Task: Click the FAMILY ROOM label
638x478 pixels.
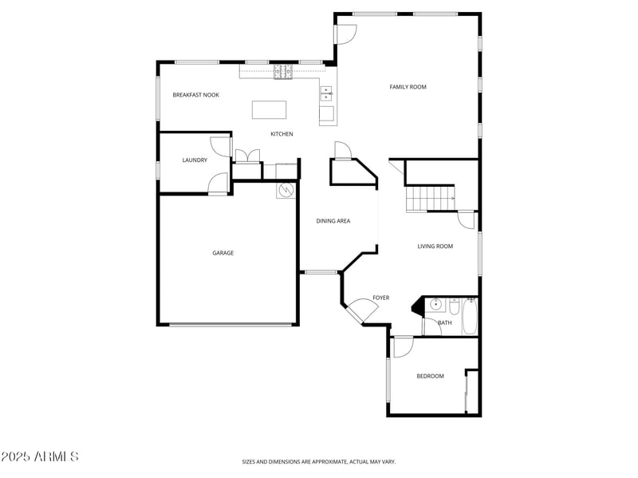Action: click(408, 87)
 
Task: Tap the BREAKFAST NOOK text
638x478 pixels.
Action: click(195, 95)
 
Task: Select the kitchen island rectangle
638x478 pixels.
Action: click(268, 109)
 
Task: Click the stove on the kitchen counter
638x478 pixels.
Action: click(283, 73)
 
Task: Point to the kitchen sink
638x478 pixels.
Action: click(326, 94)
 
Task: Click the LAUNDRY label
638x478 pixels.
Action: click(195, 160)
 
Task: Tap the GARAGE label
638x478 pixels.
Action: click(223, 253)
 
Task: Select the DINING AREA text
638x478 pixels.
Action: click(333, 221)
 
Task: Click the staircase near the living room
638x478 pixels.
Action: click(430, 197)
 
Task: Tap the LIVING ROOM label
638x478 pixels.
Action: click(435, 247)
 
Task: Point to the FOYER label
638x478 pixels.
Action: click(380, 298)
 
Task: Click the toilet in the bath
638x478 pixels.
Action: click(454, 307)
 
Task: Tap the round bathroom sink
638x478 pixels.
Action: click(436, 305)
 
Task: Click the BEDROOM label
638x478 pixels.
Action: click(430, 376)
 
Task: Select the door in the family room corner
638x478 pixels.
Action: click(345, 34)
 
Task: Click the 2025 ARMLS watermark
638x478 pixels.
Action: click(40, 457)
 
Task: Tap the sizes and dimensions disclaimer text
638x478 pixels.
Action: click(319, 461)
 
